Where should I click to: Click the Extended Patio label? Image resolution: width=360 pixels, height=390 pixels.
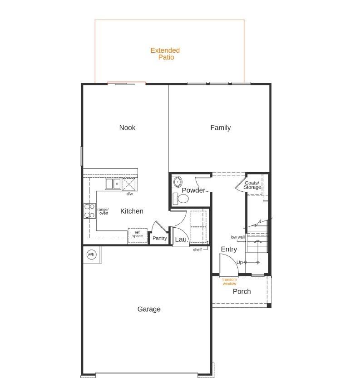165,54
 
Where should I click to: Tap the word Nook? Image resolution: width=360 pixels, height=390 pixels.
127,128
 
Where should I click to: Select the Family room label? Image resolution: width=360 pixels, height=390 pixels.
220,128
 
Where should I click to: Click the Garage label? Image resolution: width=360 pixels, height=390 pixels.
149,309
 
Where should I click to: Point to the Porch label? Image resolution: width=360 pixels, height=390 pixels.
242,291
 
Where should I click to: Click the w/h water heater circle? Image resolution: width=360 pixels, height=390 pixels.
91,255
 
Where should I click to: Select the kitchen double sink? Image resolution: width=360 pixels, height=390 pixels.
113,184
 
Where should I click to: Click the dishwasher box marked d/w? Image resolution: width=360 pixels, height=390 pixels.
129,185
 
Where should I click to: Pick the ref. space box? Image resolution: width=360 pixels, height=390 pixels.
137,235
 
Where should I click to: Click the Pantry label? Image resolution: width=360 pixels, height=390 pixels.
159,238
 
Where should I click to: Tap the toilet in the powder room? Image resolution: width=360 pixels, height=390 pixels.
182,199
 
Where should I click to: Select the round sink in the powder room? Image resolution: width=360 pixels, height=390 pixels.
177,181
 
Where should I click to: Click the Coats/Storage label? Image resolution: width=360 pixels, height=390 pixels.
252,185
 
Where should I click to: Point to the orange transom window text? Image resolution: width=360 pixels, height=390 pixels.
229,281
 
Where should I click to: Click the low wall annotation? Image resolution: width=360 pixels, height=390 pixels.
237,237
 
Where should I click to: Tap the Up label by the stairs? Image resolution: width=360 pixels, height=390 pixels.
239,262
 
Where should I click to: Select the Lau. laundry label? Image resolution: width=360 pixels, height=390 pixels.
181,239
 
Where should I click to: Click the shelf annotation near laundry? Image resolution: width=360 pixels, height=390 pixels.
197,250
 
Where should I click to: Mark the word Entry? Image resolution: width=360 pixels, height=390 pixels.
229,249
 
